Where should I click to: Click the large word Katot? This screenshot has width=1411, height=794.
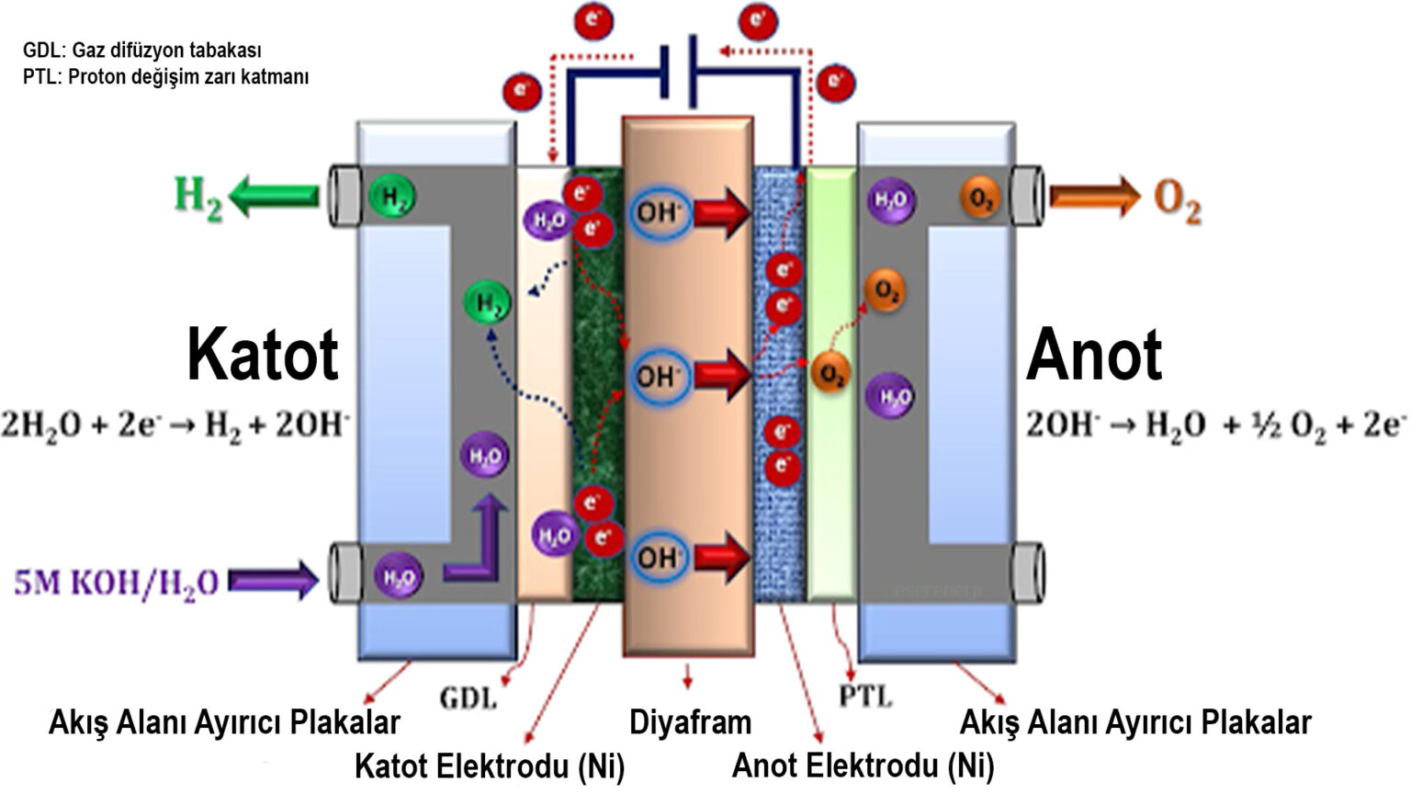pyautogui.click(x=263, y=355)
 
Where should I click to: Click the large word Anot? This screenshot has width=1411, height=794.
pyautogui.click(x=1094, y=355)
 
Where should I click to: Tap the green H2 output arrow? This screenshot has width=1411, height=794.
pyautogui.click(x=275, y=196)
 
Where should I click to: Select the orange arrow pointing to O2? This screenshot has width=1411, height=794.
pyautogui.click(x=1094, y=196)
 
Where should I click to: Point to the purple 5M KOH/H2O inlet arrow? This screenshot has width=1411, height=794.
pyautogui.click(x=273, y=581)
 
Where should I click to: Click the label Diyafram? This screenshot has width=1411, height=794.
pyautogui.click(x=690, y=722)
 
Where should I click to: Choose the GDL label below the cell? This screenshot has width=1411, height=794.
pyautogui.click(x=468, y=698)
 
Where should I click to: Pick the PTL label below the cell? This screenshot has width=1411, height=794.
pyautogui.click(x=865, y=697)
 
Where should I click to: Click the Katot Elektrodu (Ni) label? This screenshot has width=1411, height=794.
pyautogui.click(x=490, y=766)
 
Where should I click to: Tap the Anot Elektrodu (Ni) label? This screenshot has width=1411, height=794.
pyautogui.click(x=863, y=766)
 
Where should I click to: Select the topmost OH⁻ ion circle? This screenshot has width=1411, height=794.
pyautogui.click(x=659, y=213)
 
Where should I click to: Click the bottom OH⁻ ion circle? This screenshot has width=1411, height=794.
pyautogui.click(x=658, y=558)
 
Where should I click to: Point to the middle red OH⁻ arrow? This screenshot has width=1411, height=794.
pyautogui.click(x=722, y=374)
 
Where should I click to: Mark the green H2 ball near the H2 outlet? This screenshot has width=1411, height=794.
pyautogui.click(x=392, y=197)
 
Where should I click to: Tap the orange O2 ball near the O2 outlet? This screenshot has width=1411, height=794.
pyautogui.click(x=980, y=198)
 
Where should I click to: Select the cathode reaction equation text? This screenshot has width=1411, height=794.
pyautogui.click(x=175, y=425)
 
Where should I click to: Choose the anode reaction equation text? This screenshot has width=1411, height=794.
pyautogui.click(x=1215, y=425)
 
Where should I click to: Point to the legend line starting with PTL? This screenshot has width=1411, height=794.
pyautogui.click(x=165, y=77)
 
